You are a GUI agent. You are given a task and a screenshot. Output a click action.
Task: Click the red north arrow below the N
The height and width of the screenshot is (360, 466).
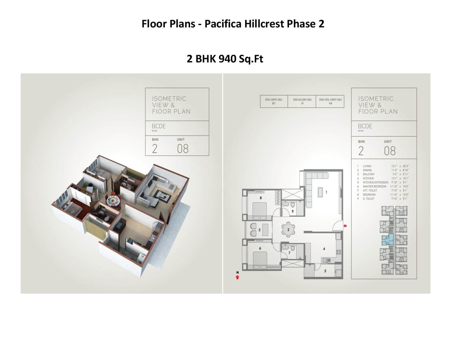point(237,277)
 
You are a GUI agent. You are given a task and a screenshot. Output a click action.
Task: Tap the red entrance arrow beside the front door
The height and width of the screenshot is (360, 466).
point(345,226)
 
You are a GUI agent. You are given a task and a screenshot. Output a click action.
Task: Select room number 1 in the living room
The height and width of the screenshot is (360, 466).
point(326,192)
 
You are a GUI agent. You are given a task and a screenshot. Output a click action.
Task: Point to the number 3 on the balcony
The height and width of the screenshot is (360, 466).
point(260,230)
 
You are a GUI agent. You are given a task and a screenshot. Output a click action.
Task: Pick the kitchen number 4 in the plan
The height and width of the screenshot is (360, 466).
point(324,249)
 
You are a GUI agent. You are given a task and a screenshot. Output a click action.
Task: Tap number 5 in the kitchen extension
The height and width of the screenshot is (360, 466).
point(325,271)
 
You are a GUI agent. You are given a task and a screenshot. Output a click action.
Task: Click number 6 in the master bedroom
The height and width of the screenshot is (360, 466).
point(260,248)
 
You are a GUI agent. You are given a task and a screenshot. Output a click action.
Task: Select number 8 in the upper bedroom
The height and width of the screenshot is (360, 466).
point(260,198)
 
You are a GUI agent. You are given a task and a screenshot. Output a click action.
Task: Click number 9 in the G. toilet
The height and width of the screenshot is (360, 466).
point(293,211)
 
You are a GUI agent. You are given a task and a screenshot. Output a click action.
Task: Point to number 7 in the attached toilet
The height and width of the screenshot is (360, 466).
point(289,253)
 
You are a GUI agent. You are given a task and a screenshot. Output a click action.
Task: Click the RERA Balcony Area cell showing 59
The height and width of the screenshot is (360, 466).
point(302,101)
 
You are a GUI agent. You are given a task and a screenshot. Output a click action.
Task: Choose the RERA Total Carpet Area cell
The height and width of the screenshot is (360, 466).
point(330,101)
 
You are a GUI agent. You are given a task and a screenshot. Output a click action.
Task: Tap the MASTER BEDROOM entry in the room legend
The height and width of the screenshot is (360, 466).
point(374,186)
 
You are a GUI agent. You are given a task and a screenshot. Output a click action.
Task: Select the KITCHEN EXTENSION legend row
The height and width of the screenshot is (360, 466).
point(375,182)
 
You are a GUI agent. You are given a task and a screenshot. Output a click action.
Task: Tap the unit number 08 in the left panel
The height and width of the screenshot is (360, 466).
point(183,149)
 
